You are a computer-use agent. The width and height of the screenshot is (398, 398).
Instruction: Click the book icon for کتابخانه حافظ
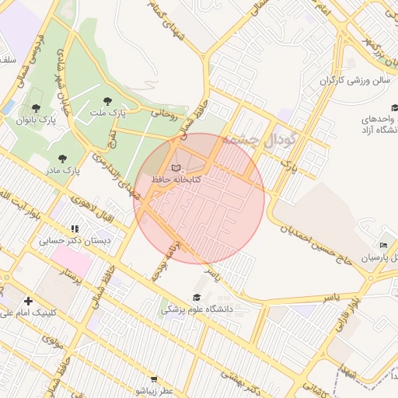175,167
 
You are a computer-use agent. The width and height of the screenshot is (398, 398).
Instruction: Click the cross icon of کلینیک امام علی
29,301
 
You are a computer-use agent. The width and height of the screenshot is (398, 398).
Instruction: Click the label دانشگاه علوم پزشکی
197,309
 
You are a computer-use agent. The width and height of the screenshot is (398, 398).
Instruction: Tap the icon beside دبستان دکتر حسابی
75,229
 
